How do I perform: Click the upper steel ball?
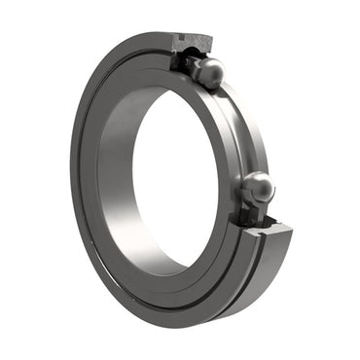point(208,70)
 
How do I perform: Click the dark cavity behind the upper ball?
point(185,58)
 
